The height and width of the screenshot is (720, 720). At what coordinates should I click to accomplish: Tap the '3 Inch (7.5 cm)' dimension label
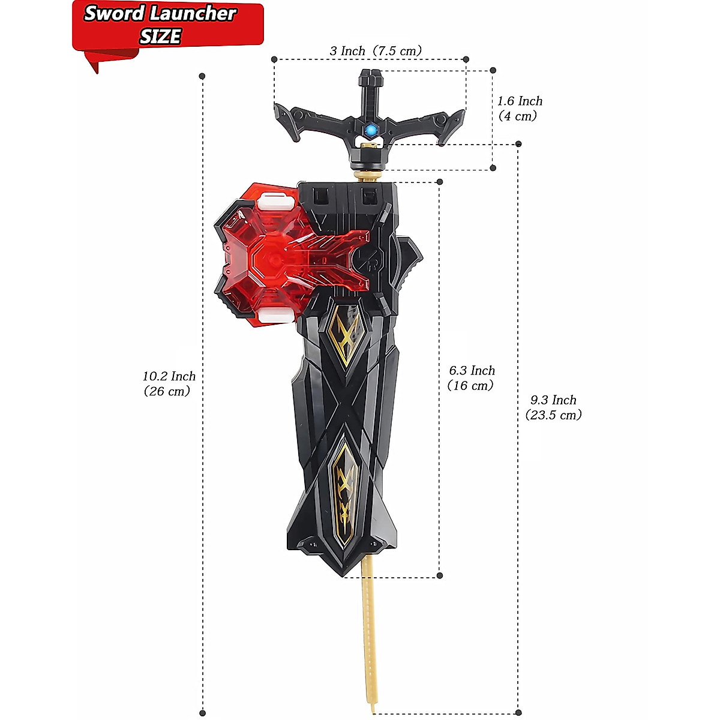coord(376,51)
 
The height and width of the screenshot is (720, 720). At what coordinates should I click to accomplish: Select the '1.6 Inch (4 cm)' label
coord(520,109)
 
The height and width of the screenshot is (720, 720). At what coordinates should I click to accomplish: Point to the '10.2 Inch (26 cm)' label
coord(169,383)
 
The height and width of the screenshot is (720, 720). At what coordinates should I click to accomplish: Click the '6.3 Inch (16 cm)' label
coord(472,378)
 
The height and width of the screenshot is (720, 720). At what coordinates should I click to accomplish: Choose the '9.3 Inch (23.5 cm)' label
coord(553,407)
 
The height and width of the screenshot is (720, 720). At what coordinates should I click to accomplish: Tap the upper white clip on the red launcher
coord(276,202)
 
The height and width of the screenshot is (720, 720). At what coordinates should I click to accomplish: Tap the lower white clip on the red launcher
coord(276,316)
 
